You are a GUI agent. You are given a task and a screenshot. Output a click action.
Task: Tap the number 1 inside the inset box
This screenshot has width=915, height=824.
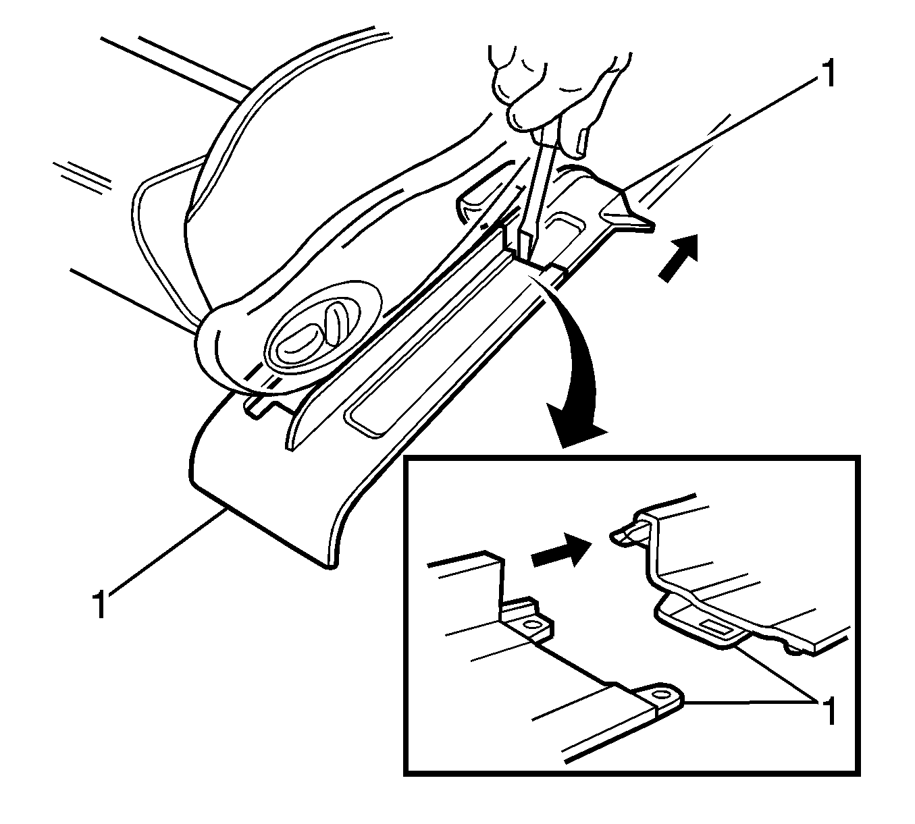(829, 711)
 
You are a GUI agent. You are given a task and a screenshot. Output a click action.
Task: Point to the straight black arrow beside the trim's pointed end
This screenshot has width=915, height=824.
(679, 258)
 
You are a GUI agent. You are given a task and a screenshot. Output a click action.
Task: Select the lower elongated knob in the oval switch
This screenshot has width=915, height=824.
(298, 344)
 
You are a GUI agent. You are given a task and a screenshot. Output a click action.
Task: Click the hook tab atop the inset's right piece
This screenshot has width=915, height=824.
(629, 537)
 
